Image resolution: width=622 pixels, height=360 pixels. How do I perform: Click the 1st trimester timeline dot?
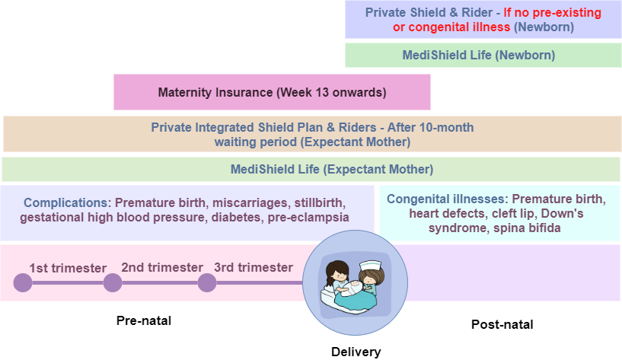click(23, 282)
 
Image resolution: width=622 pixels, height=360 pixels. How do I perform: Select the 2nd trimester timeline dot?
click(113, 282)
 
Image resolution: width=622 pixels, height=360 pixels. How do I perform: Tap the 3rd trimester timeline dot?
click(207, 282)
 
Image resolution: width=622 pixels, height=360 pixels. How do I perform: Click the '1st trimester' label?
click(68, 268)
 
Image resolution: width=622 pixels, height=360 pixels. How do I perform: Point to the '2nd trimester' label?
click(162, 267)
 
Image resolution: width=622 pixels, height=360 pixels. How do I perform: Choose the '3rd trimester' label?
click(254, 267)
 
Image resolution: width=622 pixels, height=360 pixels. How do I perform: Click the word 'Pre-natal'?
click(144, 320)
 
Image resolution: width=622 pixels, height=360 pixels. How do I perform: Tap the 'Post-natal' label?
click(502, 324)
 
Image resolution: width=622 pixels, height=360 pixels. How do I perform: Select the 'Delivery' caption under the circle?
click(356, 352)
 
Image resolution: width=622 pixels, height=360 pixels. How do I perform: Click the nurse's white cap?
click(370, 265)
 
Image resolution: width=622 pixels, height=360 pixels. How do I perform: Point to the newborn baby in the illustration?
click(354, 288)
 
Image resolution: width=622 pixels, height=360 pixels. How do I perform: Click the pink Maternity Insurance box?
click(272, 92)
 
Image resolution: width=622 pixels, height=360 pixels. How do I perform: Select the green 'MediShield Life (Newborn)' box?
click(483, 55)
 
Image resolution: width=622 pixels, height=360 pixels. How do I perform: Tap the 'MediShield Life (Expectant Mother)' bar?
click(311, 169)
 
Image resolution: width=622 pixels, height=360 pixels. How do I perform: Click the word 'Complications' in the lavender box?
click(65, 202)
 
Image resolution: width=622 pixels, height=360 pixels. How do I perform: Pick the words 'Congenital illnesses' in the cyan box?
click(447, 199)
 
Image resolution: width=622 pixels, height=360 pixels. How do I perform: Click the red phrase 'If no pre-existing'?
click(552, 12)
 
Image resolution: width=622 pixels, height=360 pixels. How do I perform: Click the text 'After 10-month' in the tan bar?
click(430, 127)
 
